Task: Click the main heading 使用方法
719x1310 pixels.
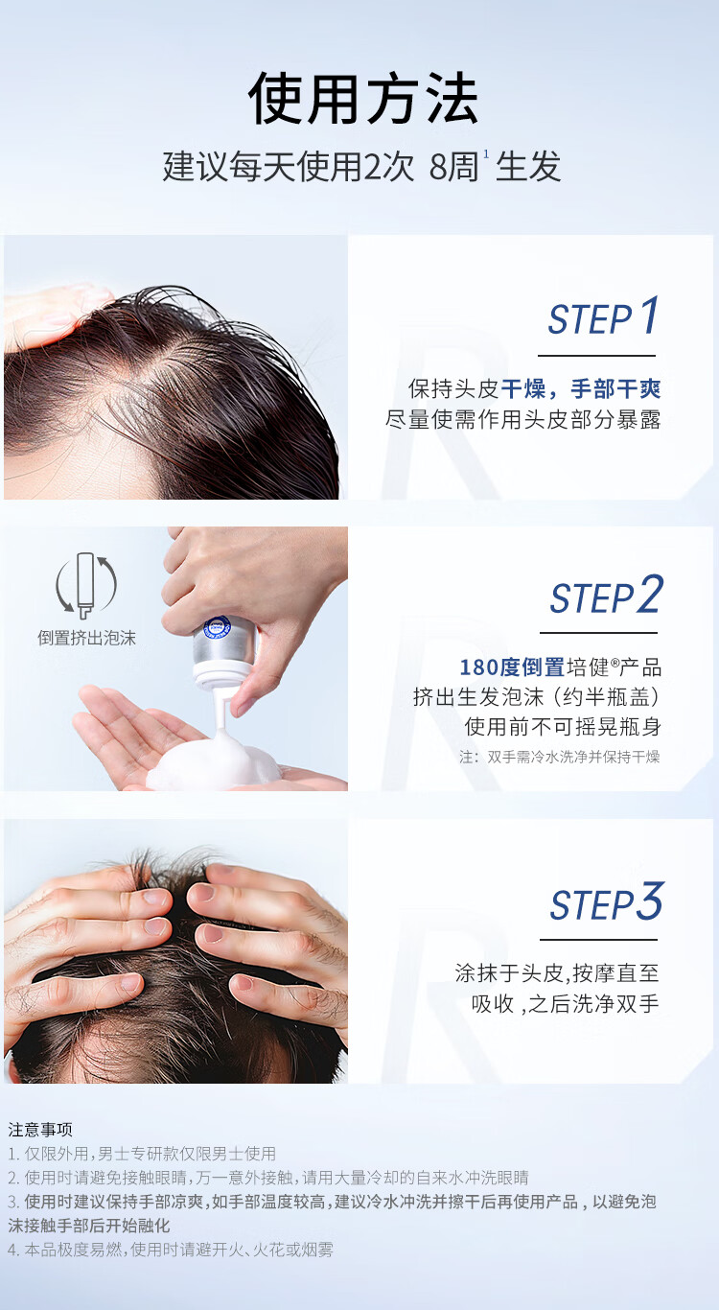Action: pos(363,98)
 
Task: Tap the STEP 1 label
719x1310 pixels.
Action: pos(603,316)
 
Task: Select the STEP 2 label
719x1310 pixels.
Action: pos(606,595)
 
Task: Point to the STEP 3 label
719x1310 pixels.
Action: pos(606,901)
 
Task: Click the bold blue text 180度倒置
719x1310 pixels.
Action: pos(512,667)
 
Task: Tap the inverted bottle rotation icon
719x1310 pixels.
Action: pos(86,585)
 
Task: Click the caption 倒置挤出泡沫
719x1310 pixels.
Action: pos(86,638)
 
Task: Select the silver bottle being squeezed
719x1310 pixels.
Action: pos(225,648)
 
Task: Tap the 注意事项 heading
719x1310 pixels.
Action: pos(40,1130)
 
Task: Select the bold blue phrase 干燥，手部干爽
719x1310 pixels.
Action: pos(581,389)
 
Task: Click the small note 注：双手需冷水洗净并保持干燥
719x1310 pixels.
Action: pos(560,757)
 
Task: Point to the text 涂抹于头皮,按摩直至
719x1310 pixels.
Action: pos(557,973)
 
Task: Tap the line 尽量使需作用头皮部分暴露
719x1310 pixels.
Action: pos(523,420)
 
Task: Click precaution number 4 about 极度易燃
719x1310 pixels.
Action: pos(171,1250)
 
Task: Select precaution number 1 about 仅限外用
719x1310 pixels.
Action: pos(142,1154)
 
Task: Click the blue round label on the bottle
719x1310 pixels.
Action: pos(217,627)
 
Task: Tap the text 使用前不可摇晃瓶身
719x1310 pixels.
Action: pos(563,727)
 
